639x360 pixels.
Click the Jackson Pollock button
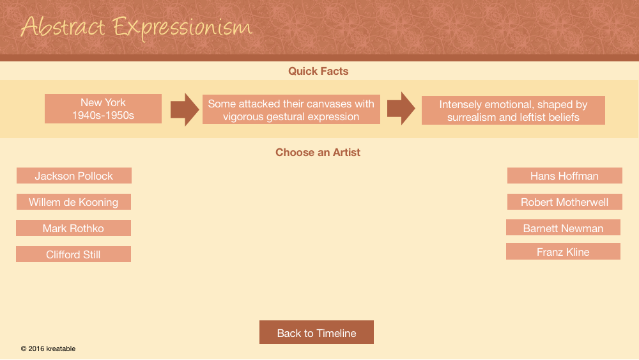73,176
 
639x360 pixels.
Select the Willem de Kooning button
73,202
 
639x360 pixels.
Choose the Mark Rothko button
73,228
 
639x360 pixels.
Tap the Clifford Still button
73,254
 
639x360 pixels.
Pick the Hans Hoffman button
564,176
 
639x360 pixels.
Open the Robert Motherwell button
564,202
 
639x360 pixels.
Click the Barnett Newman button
563,228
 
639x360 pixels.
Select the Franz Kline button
563,251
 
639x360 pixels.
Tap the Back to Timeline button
317,333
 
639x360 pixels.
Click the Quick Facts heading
318,71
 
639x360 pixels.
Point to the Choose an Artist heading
318,152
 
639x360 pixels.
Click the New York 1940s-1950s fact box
103,109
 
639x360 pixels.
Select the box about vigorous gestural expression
291,110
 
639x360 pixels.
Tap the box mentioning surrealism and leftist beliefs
514,111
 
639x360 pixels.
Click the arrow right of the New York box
185,109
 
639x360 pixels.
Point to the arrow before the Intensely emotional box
401,109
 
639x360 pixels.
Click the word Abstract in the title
63,27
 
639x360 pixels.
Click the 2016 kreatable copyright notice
48,348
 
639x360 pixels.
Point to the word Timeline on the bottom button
337,333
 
